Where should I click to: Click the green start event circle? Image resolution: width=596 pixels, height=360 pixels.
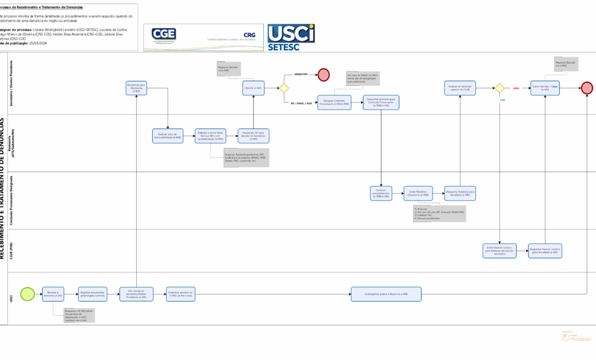(x=27, y=294)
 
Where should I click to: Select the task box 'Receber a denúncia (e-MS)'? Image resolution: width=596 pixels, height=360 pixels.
(x=55, y=294)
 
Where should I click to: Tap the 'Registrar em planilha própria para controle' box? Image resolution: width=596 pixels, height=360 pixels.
(x=93, y=294)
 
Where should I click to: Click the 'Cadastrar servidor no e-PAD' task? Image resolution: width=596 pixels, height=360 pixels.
(x=180, y=294)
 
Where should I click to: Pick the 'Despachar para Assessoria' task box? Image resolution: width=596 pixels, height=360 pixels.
(x=136, y=88)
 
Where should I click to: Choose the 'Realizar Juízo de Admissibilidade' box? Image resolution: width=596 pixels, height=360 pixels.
(x=167, y=136)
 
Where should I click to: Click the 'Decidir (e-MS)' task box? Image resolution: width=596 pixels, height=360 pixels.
(x=254, y=88)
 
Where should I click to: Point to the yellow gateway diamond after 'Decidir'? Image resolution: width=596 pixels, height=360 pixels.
(x=284, y=88)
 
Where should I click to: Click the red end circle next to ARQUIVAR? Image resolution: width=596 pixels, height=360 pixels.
(x=323, y=75)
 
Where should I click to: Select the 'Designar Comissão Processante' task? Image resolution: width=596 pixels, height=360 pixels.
(x=335, y=102)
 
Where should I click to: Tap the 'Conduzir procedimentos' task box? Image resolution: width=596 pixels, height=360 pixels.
(x=381, y=193)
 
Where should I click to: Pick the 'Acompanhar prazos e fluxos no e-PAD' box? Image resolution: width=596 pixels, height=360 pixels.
(x=386, y=294)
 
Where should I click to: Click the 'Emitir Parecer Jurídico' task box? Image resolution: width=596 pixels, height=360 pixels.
(x=500, y=250)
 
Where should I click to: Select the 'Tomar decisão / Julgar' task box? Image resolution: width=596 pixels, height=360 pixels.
(x=546, y=88)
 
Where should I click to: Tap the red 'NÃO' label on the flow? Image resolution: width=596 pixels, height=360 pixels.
(x=516, y=88)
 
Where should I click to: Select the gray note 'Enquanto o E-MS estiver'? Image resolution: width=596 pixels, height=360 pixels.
(x=79, y=315)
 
